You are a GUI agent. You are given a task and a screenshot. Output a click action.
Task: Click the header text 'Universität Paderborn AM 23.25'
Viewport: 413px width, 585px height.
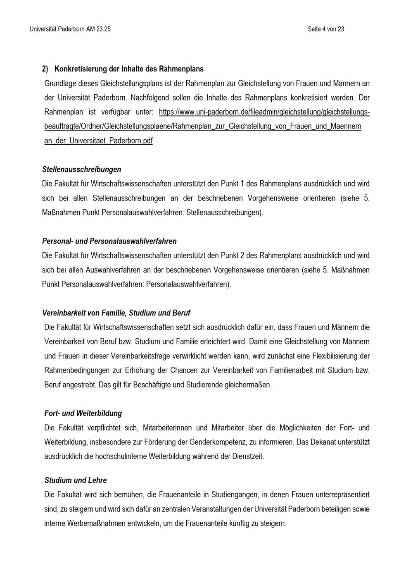click(70, 29)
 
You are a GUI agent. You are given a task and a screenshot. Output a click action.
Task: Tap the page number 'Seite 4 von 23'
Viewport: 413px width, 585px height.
click(326, 29)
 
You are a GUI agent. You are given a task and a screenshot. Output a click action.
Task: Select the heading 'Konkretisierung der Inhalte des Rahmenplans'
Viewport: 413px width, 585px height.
click(129, 69)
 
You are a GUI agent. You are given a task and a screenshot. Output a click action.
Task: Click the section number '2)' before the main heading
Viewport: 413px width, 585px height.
click(45, 69)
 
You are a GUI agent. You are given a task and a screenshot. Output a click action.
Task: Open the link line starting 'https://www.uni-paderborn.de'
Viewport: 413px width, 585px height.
click(264, 112)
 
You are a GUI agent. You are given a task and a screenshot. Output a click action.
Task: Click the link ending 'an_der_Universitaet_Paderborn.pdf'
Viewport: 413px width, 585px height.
click(98, 141)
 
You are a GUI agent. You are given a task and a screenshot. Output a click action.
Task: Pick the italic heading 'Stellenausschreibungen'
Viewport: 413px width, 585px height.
click(82, 170)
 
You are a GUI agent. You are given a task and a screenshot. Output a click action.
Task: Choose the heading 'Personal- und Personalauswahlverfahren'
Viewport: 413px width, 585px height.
click(109, 241)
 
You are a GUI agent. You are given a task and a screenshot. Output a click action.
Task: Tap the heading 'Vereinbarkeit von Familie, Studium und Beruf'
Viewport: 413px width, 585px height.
click(116, 313)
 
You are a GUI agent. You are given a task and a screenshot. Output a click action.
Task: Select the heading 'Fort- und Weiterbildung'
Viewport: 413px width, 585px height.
click(83, 413)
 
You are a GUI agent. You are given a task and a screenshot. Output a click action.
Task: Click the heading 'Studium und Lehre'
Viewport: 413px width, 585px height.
click(76, 480)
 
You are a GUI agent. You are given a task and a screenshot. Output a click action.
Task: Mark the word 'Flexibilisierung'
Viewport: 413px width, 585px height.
click(335, 356)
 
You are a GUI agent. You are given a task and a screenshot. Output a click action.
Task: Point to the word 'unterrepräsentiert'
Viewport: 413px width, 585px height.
click(343, 494)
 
